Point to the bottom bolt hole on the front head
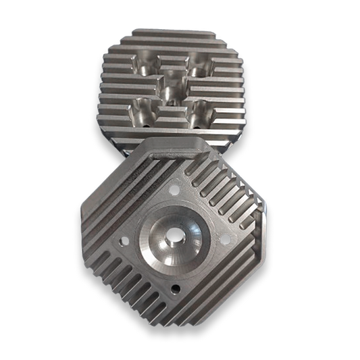pos(173,289)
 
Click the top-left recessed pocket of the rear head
pos(145,66)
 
